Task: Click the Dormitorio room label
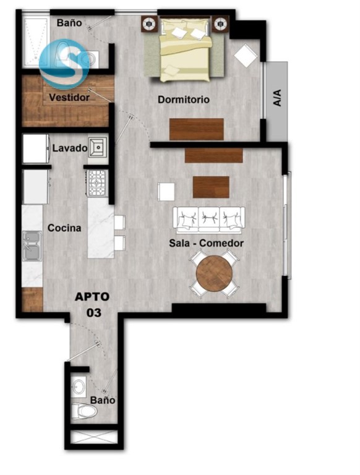click(184, 100)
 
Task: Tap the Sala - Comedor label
click(207, 243)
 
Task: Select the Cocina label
click(64, 228)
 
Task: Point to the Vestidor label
click(69, 98)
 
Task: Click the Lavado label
click(70, 148)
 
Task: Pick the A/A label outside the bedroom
click(277, 98)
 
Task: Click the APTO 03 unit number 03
click(94, 312)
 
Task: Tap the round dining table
click(214, 273)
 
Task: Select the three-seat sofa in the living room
click(209, 220)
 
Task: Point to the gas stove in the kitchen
click(97, 182)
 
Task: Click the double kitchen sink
click(32, 246)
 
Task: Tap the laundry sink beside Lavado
click(98, 148)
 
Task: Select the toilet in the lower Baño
click(84, 411)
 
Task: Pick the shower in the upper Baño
click(36, 41)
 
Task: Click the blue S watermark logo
click(64, 64)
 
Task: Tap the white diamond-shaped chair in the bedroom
click(246, 56)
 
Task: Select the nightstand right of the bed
click(220, 24)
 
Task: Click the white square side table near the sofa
click(166, 192)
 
